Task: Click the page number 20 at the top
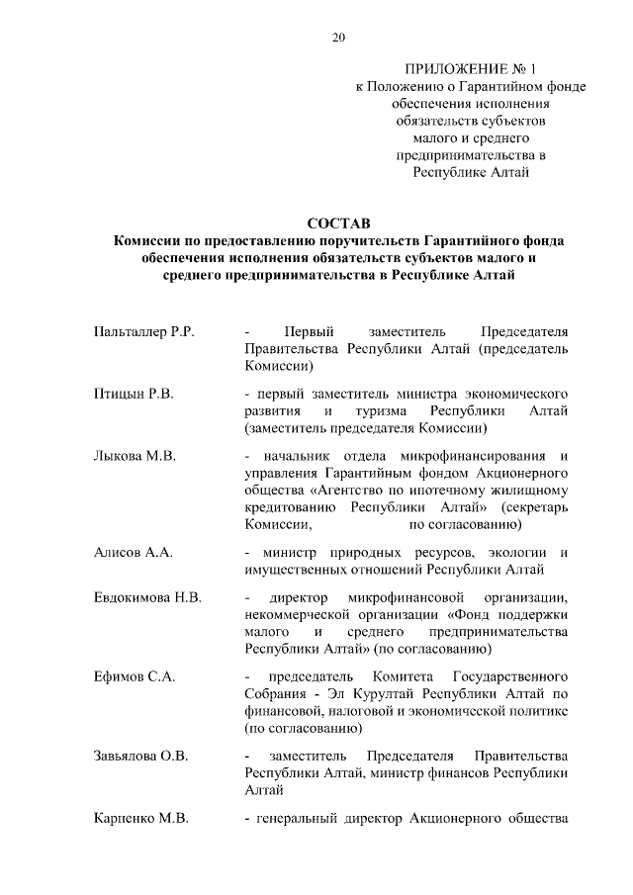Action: [x=338, y=39]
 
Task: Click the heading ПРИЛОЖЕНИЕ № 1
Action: [x=471, y=69]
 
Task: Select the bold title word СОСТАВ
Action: [x=338, y=224]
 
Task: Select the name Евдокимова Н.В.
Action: [x=146, y=598]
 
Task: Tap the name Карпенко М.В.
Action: [x=140, y=819]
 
